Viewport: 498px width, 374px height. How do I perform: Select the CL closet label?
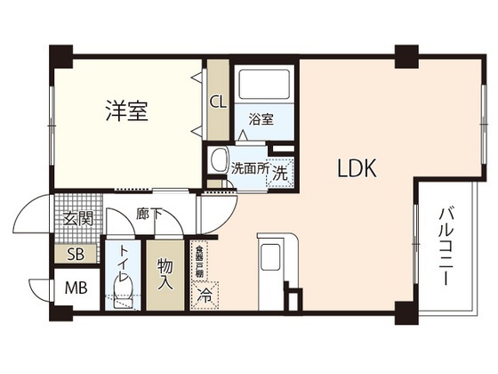point(218,102)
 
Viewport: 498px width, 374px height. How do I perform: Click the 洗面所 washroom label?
point(249,167)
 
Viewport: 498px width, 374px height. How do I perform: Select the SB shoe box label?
point(76,254)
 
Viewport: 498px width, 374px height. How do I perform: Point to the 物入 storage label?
point(165,274)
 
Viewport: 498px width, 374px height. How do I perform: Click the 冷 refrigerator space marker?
point(205,291)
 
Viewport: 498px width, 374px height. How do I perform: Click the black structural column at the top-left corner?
point(60,54)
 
